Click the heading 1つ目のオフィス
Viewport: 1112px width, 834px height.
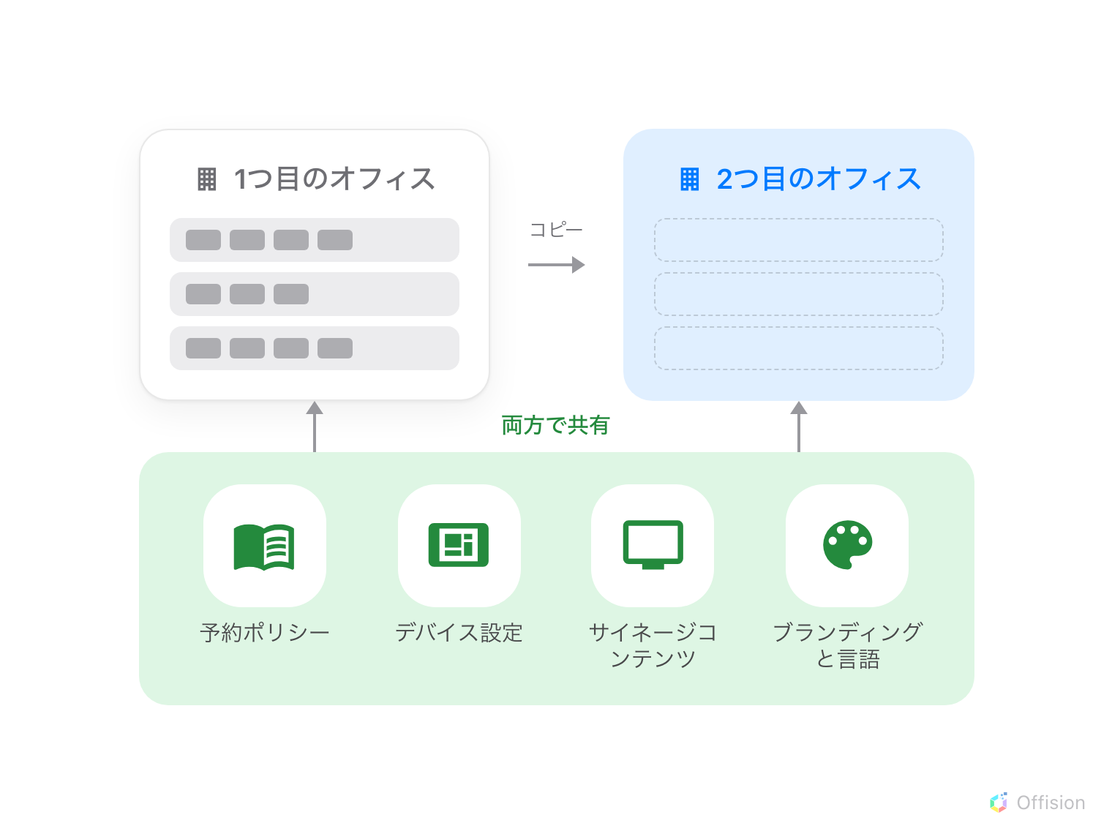click(x=334, y=179)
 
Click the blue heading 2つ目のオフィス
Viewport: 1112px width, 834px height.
click(x=819, y=179)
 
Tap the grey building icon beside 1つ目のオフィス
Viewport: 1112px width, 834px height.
click(x=207, y=179)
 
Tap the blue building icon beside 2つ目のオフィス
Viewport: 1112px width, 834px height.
click(x=689, y=179)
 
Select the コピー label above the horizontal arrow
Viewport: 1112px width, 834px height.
click(x=556, y=230)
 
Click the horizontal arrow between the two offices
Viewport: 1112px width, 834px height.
click(x=556, y=264)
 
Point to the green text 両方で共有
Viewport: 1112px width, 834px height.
click(x=556, y=425)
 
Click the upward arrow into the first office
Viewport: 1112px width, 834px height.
click(x=315, y=427)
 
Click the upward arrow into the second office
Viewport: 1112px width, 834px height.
click(x=799, y=427)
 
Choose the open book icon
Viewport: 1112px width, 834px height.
click(x=264, y=547)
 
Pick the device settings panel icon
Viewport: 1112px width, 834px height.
click(x=459, y=545)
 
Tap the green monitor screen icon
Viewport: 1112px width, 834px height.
click(x=653, y=545)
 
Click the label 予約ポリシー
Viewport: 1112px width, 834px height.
click(x=265, y=633)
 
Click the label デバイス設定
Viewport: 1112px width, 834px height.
click(x=459, y=633)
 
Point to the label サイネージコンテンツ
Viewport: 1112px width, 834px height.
click(x=653, y=646)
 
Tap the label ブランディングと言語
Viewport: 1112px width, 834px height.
click(x=848, y=646)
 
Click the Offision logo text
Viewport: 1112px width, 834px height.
click(x=1051, y=803)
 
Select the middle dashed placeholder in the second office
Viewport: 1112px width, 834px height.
click(x=798, y=294)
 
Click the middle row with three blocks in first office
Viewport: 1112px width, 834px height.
click(x=315, y=294)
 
